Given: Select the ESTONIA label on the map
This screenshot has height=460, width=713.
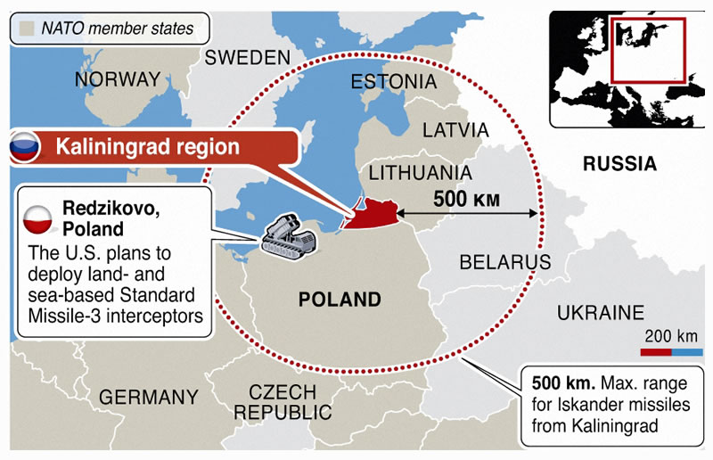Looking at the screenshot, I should point(393,82).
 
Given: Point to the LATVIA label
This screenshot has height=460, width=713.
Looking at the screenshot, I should point(455,130).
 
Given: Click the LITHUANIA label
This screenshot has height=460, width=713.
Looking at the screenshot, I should point(420,172).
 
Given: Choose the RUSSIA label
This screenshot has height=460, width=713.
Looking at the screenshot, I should point(619,164).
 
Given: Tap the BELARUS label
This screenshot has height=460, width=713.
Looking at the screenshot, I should point(505,262).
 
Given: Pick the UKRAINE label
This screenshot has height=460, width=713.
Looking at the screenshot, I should point(600,313).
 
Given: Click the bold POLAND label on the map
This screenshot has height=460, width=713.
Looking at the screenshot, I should point(340,300).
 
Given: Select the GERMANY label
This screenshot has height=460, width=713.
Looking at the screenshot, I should point(149,397).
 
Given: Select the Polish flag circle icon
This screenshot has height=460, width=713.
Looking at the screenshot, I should point(39,218).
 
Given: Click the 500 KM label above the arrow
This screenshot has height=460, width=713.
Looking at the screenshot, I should point(463,198).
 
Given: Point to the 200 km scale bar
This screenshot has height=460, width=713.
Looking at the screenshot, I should point(671,354).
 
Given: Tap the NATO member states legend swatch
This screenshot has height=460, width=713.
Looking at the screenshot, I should point(26,29).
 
